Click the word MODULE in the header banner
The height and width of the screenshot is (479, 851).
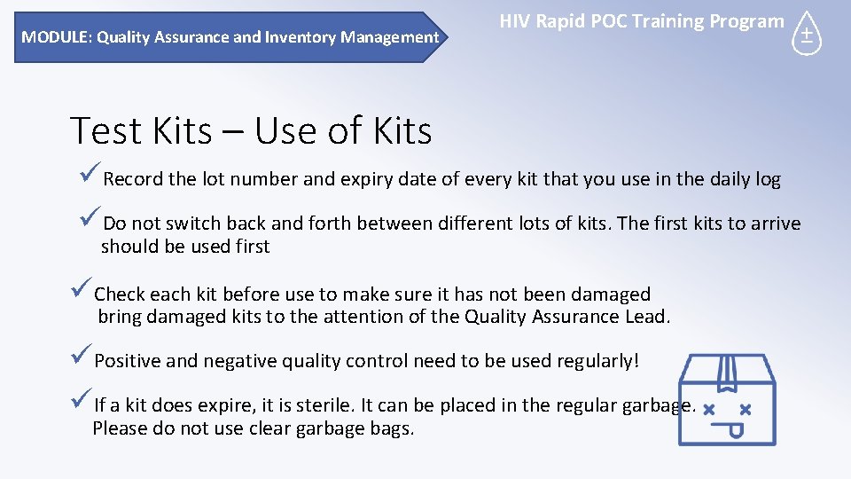[x=56, y=37]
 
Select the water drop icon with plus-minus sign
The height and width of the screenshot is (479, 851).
[x=807, y=34]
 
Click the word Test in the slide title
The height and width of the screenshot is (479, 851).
[x=105, y=131]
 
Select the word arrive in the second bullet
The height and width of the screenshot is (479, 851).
[x=775, y=224]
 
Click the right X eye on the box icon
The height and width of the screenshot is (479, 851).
[x=745, y=410]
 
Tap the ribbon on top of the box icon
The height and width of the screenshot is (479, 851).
[x=727, y=373]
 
